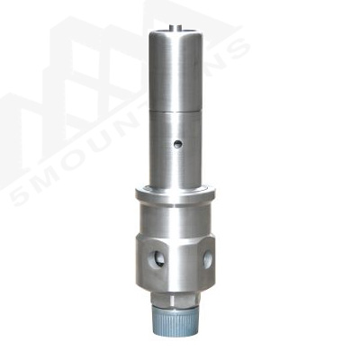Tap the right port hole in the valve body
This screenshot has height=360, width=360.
[208, 259]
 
